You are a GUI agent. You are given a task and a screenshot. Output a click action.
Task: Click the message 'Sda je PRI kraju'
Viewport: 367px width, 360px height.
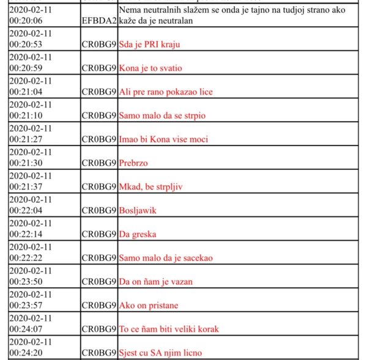[x=149, y=44]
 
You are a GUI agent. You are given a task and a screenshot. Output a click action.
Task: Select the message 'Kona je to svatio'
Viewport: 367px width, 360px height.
[x=150, y=68]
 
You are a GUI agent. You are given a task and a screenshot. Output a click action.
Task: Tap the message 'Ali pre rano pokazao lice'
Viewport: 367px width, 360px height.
[x=166, y=92]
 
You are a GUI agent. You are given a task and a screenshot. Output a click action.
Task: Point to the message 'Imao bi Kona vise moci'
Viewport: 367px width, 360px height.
[x=163, y=139]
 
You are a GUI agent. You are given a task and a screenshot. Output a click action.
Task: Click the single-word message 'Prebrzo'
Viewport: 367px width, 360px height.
[x=133, y=163]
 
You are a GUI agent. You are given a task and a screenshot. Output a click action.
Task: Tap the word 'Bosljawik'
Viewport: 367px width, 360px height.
[x=138, y=210]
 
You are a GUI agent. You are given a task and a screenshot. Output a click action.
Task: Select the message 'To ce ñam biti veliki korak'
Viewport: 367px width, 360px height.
[x=169, y=329]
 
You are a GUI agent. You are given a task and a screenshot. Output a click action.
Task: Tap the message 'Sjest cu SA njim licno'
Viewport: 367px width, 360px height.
[x=160, y=353]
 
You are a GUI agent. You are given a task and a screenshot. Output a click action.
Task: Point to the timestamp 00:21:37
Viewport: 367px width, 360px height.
[x=26, y=186]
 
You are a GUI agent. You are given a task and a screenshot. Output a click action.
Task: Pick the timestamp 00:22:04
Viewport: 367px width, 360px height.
[x=26, y=210]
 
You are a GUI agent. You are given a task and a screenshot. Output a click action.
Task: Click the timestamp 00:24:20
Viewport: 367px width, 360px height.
[x=26, y=353]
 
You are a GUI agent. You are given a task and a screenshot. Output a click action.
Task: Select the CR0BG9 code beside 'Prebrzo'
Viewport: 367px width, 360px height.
[x=98, y=163]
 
